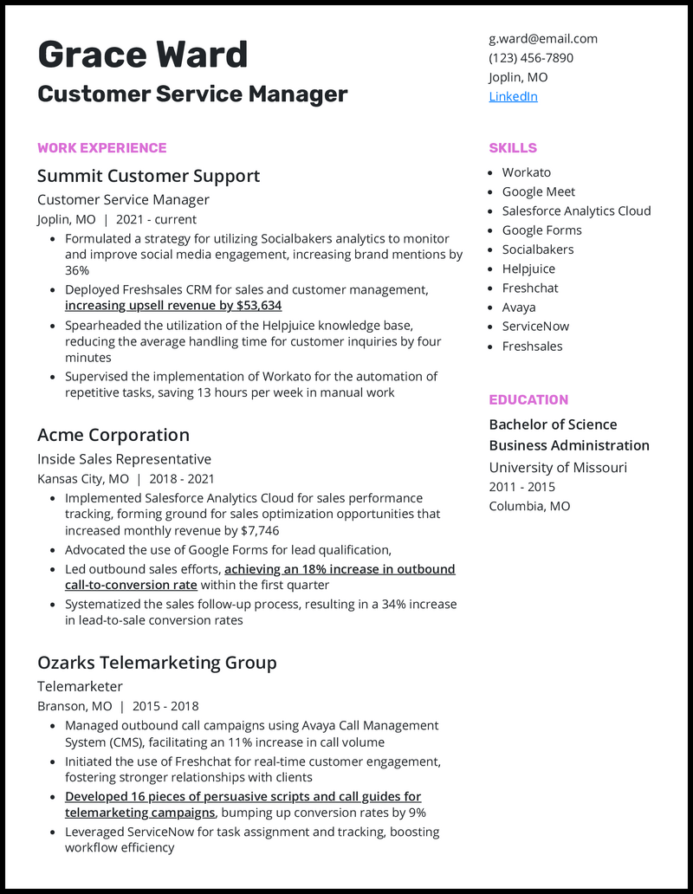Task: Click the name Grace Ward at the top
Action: [143, 55]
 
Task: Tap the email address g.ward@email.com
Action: [543, 39]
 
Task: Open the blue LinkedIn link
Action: [513, 96]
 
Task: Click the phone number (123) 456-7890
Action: [531, 58]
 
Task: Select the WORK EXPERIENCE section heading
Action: [101, 148]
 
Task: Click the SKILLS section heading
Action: [513, 148]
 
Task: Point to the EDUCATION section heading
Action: [528, 400]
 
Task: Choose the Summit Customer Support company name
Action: [148, 177]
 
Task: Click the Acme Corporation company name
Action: [113, 435]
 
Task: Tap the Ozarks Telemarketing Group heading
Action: [157, 663]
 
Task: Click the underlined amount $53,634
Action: [258, 306]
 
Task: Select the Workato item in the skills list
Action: [526, 172]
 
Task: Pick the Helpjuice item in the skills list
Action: [528, 269]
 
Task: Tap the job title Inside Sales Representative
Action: [124, 459]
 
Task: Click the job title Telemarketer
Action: [80, 687]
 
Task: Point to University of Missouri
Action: [558, 468]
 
